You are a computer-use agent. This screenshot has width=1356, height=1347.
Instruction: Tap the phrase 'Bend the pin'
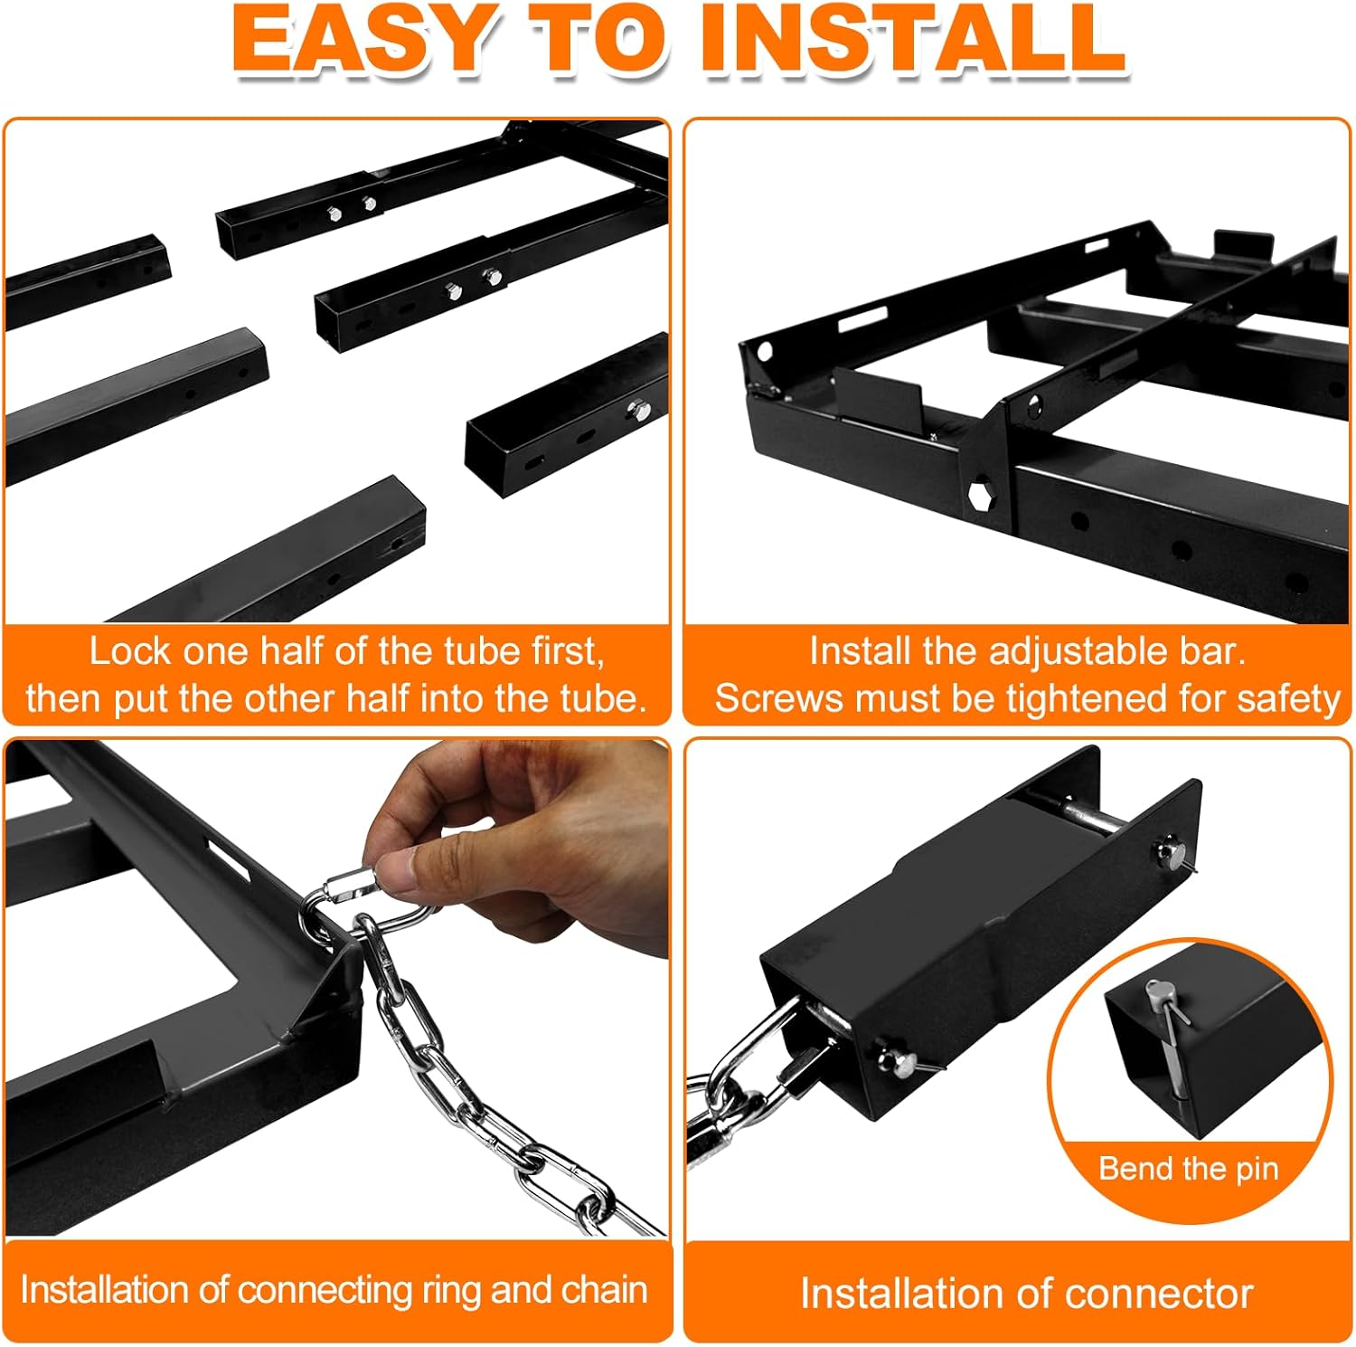(x=1189, y=1169)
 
